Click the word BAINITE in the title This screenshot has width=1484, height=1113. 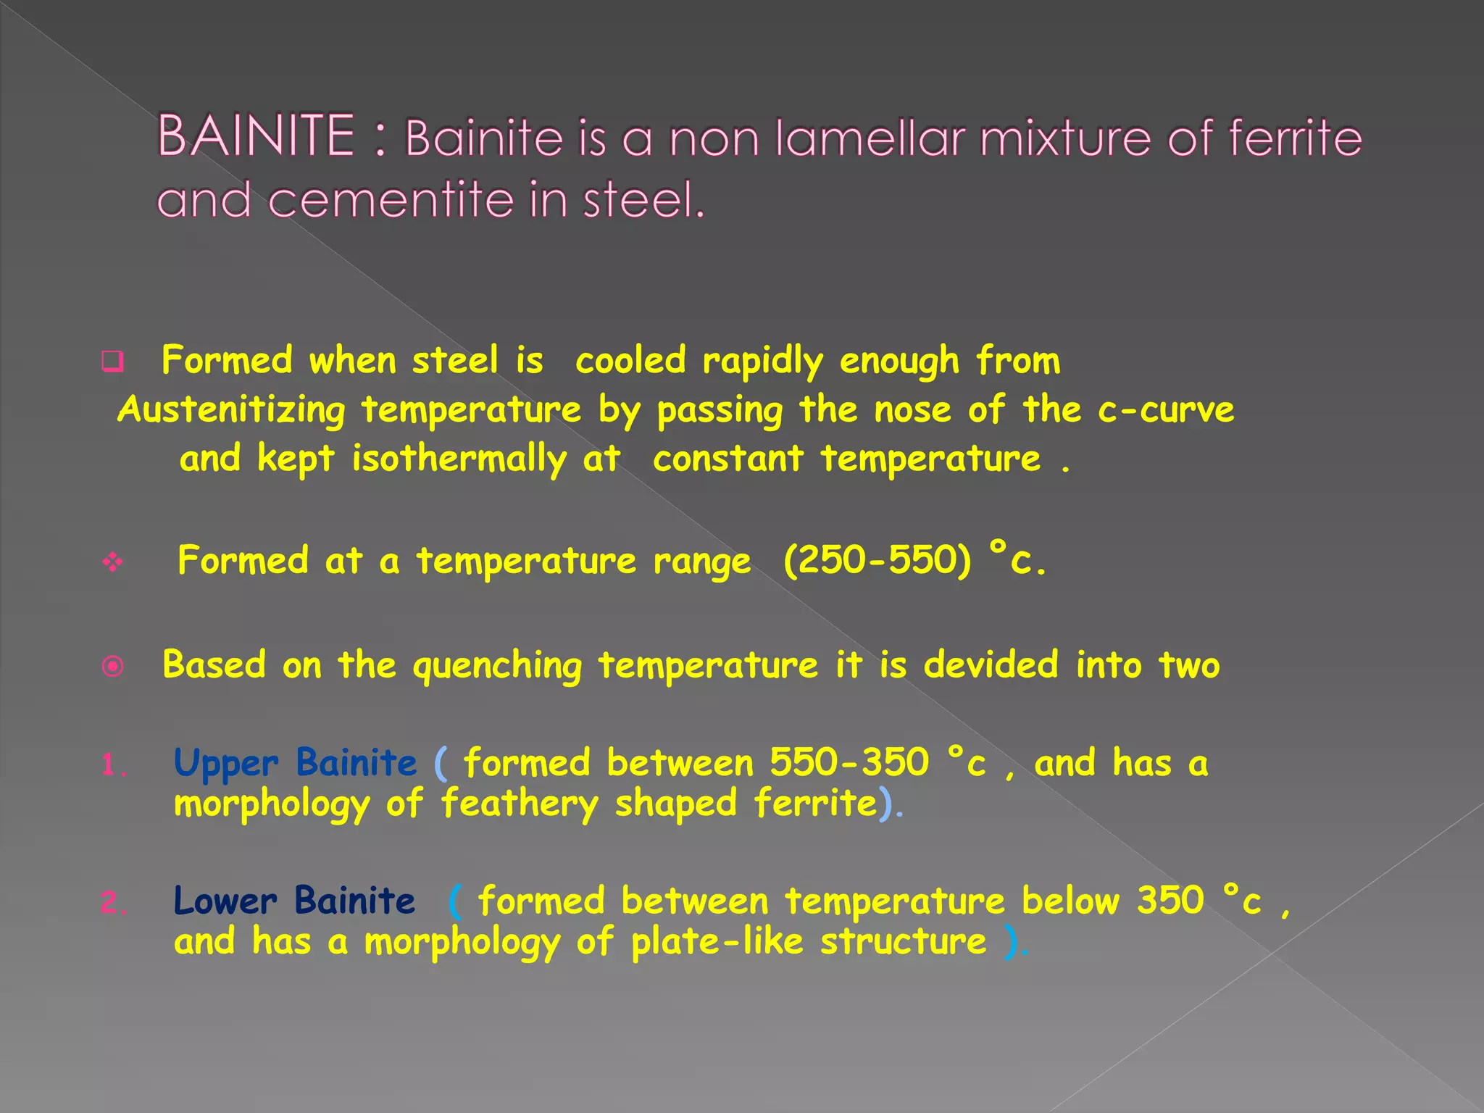256,136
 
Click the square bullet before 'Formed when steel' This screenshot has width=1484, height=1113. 113,361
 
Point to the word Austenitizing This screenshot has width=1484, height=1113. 231,411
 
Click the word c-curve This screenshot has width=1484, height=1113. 1165,409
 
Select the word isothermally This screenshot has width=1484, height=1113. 459,459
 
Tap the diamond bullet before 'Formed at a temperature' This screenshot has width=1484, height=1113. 113,562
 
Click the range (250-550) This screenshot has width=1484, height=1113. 877,560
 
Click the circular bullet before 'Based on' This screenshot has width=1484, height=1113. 113,666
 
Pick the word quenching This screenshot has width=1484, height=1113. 497,666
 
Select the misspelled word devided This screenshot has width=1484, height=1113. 991,664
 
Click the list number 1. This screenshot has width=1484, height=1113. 113,765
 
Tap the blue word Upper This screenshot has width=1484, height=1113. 225,764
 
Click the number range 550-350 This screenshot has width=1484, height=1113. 849,762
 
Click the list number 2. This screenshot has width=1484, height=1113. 113,903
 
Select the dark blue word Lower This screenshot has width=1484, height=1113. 225,901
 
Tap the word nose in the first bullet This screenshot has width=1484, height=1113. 912,409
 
